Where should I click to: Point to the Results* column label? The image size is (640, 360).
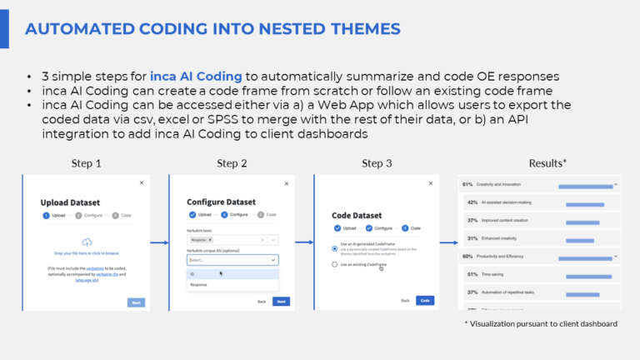(548, 163)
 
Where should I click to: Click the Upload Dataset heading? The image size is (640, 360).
(77, 202)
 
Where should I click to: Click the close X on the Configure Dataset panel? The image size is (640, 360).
(287, 182)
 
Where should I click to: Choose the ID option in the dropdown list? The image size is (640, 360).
(192, 273)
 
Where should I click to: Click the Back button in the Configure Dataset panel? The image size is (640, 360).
(262, 301)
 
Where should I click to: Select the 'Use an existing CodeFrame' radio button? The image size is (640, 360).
(335, 264)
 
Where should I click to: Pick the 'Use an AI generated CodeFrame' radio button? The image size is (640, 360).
(335, 247)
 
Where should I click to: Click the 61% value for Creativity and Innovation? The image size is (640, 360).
(468, 184)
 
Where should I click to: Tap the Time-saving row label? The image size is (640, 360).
(500, 274)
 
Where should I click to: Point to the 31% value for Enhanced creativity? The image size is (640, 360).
(472, 238)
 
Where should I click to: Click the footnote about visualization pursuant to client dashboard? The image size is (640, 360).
(541, 323)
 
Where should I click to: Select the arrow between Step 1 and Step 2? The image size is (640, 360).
(159, 243)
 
